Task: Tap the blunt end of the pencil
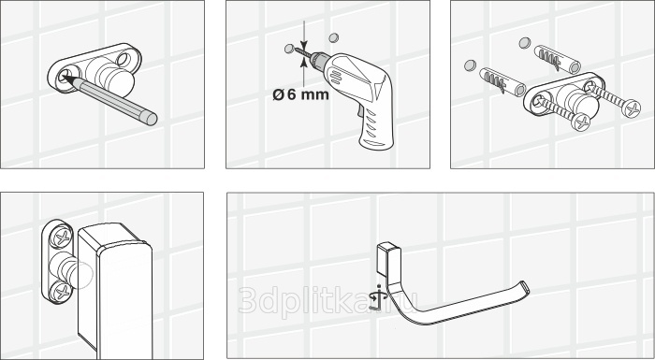[152, 119]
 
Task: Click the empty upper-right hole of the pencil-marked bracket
[124, 59]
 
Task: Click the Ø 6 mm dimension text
[300, 94]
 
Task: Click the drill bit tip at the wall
[297, 50]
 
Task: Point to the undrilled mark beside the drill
[333, 38]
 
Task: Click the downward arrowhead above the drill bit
[304, 45]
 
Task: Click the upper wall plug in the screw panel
[558, 59]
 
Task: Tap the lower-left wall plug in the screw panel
[502, 82]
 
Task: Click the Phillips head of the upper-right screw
[631, 109]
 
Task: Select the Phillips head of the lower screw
[581, 122]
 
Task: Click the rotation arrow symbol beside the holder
[378, 297]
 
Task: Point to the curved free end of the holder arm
[524, 288]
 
